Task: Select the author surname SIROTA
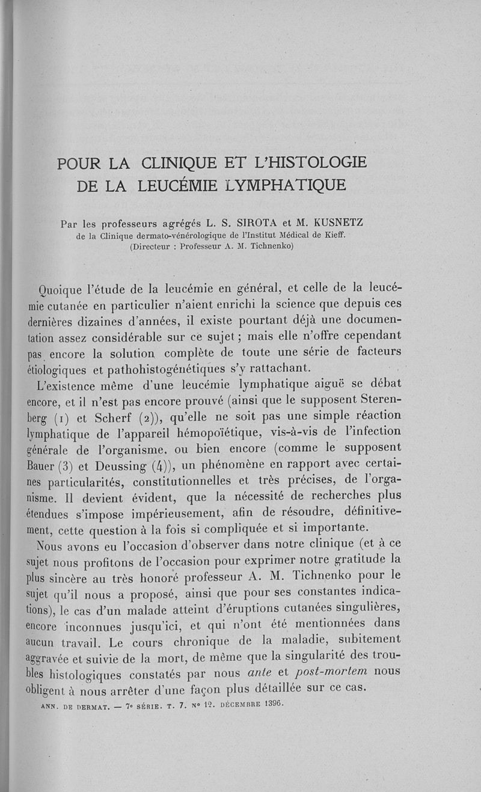coord(250,224)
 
